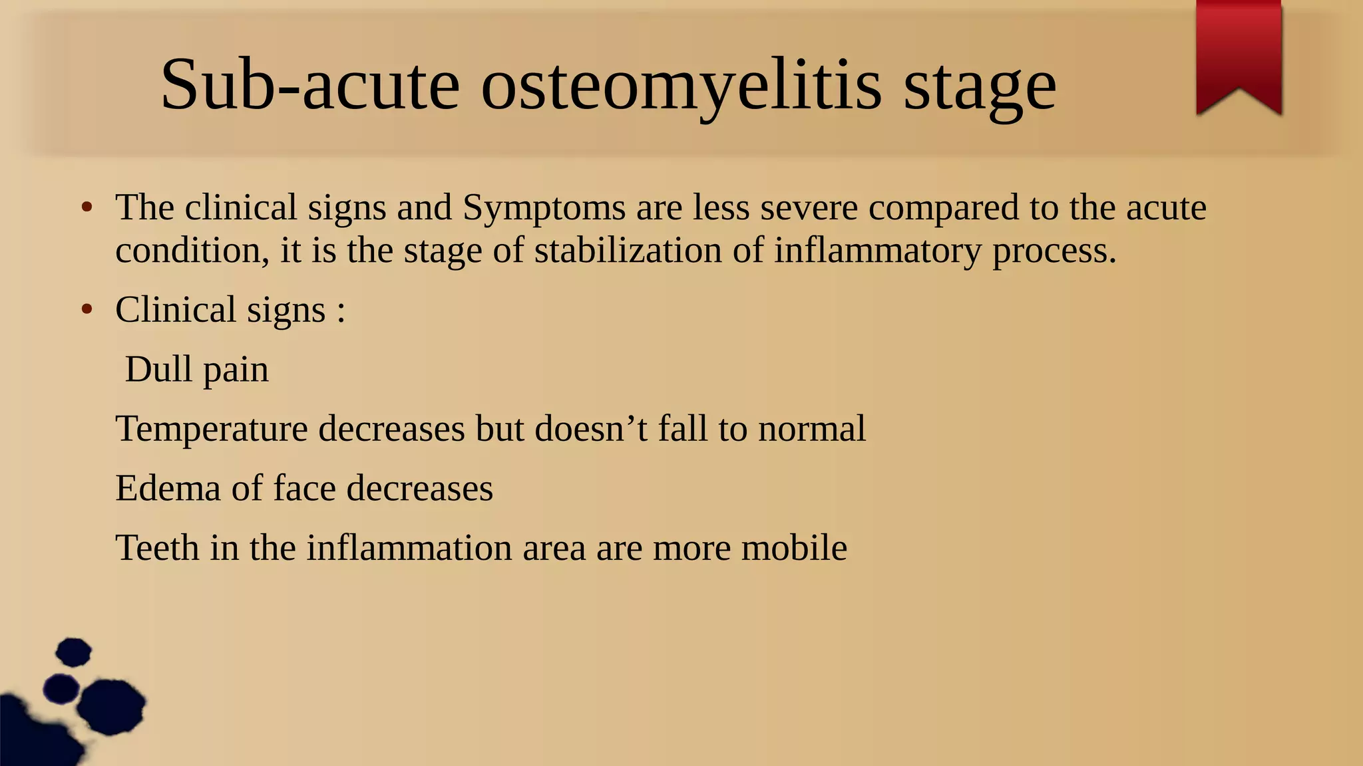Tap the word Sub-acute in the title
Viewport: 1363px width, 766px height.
[x=309, y=85]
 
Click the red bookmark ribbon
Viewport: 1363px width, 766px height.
[x=1239, y=53]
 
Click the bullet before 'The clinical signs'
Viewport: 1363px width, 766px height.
[x=87, y=207]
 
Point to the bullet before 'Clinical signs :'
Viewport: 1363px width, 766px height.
[x=87, y=310]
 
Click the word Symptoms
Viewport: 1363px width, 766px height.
[x=544, y=209]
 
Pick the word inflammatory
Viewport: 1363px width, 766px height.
[x=877, y=252]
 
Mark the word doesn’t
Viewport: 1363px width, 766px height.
[x=591, y=428]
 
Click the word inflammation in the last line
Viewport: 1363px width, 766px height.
[x=409, y=548]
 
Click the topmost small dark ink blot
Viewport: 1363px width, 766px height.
[x=73, y=652]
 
